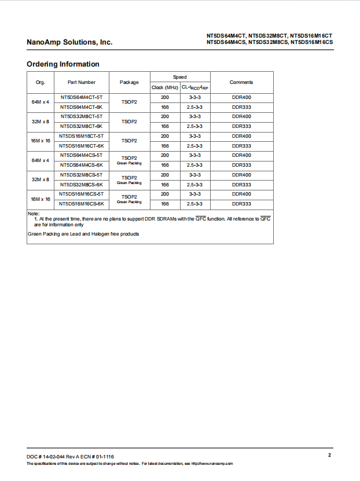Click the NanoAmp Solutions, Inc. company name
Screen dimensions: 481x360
tap(69, 42)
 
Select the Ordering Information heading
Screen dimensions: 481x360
tap(63, 64)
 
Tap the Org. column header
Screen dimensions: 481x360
tap(41, 82)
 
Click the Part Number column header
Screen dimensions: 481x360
tap(82, 82)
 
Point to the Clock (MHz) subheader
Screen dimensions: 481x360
tap(165, 87)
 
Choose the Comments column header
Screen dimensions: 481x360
tap(241, 82)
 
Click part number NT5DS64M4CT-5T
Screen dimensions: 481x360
tap(82, 97)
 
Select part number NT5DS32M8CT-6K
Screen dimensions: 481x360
tap(82, 126)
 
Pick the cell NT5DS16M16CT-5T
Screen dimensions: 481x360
tap(82, 136)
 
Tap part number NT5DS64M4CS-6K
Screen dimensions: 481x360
tap(82, 165)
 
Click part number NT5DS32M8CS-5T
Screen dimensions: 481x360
tap(82, 175)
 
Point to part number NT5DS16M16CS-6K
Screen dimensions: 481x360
tap(82, 204)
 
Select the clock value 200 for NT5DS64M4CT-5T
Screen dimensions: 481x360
tap(165, 97)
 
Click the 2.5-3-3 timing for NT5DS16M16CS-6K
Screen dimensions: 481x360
tap(195, 204)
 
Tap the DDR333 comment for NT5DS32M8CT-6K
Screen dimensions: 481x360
tap(241, 126)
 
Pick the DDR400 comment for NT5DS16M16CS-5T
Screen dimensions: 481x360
tap(241, 194)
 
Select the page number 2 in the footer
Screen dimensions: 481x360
tap(329, 456)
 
